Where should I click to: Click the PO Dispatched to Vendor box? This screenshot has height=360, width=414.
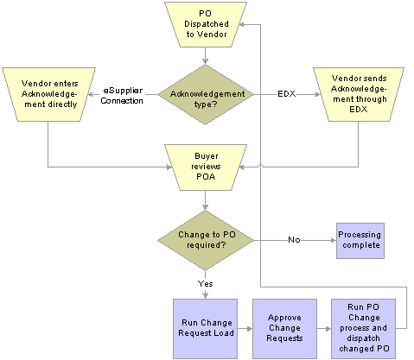click(206, 24)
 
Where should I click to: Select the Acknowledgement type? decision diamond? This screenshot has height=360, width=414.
click(206, 95)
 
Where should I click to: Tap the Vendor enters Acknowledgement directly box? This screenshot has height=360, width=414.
click(48, 94)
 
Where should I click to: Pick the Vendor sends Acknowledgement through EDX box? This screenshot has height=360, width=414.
click(359, 94)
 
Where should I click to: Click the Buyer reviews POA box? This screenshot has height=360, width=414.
click(206, 167)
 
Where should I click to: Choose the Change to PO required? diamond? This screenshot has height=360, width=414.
click(206, 240)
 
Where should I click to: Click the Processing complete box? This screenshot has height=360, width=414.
click(360, 241)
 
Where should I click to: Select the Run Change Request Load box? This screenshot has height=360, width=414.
click(205, 329)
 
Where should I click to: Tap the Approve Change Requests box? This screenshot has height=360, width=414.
click(284, 329)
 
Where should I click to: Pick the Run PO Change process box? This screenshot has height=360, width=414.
click(363, 329)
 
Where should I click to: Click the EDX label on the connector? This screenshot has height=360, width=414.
click(287, 94)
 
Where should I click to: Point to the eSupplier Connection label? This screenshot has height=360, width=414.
click(122, 96)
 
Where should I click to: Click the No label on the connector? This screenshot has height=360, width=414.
click(294, 240)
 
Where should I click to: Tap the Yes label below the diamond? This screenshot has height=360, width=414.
click(205, 284)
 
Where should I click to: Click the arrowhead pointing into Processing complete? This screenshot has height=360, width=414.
click(334, 240)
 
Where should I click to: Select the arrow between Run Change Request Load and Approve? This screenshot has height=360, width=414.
click(245, 329)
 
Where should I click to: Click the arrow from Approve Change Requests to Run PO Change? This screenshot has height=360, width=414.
click(324, 329)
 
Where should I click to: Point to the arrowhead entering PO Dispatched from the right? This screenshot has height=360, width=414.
click(243, 25)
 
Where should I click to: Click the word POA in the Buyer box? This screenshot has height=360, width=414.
click(206, 176)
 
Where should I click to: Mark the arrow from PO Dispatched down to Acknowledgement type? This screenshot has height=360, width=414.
click(205, 56)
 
